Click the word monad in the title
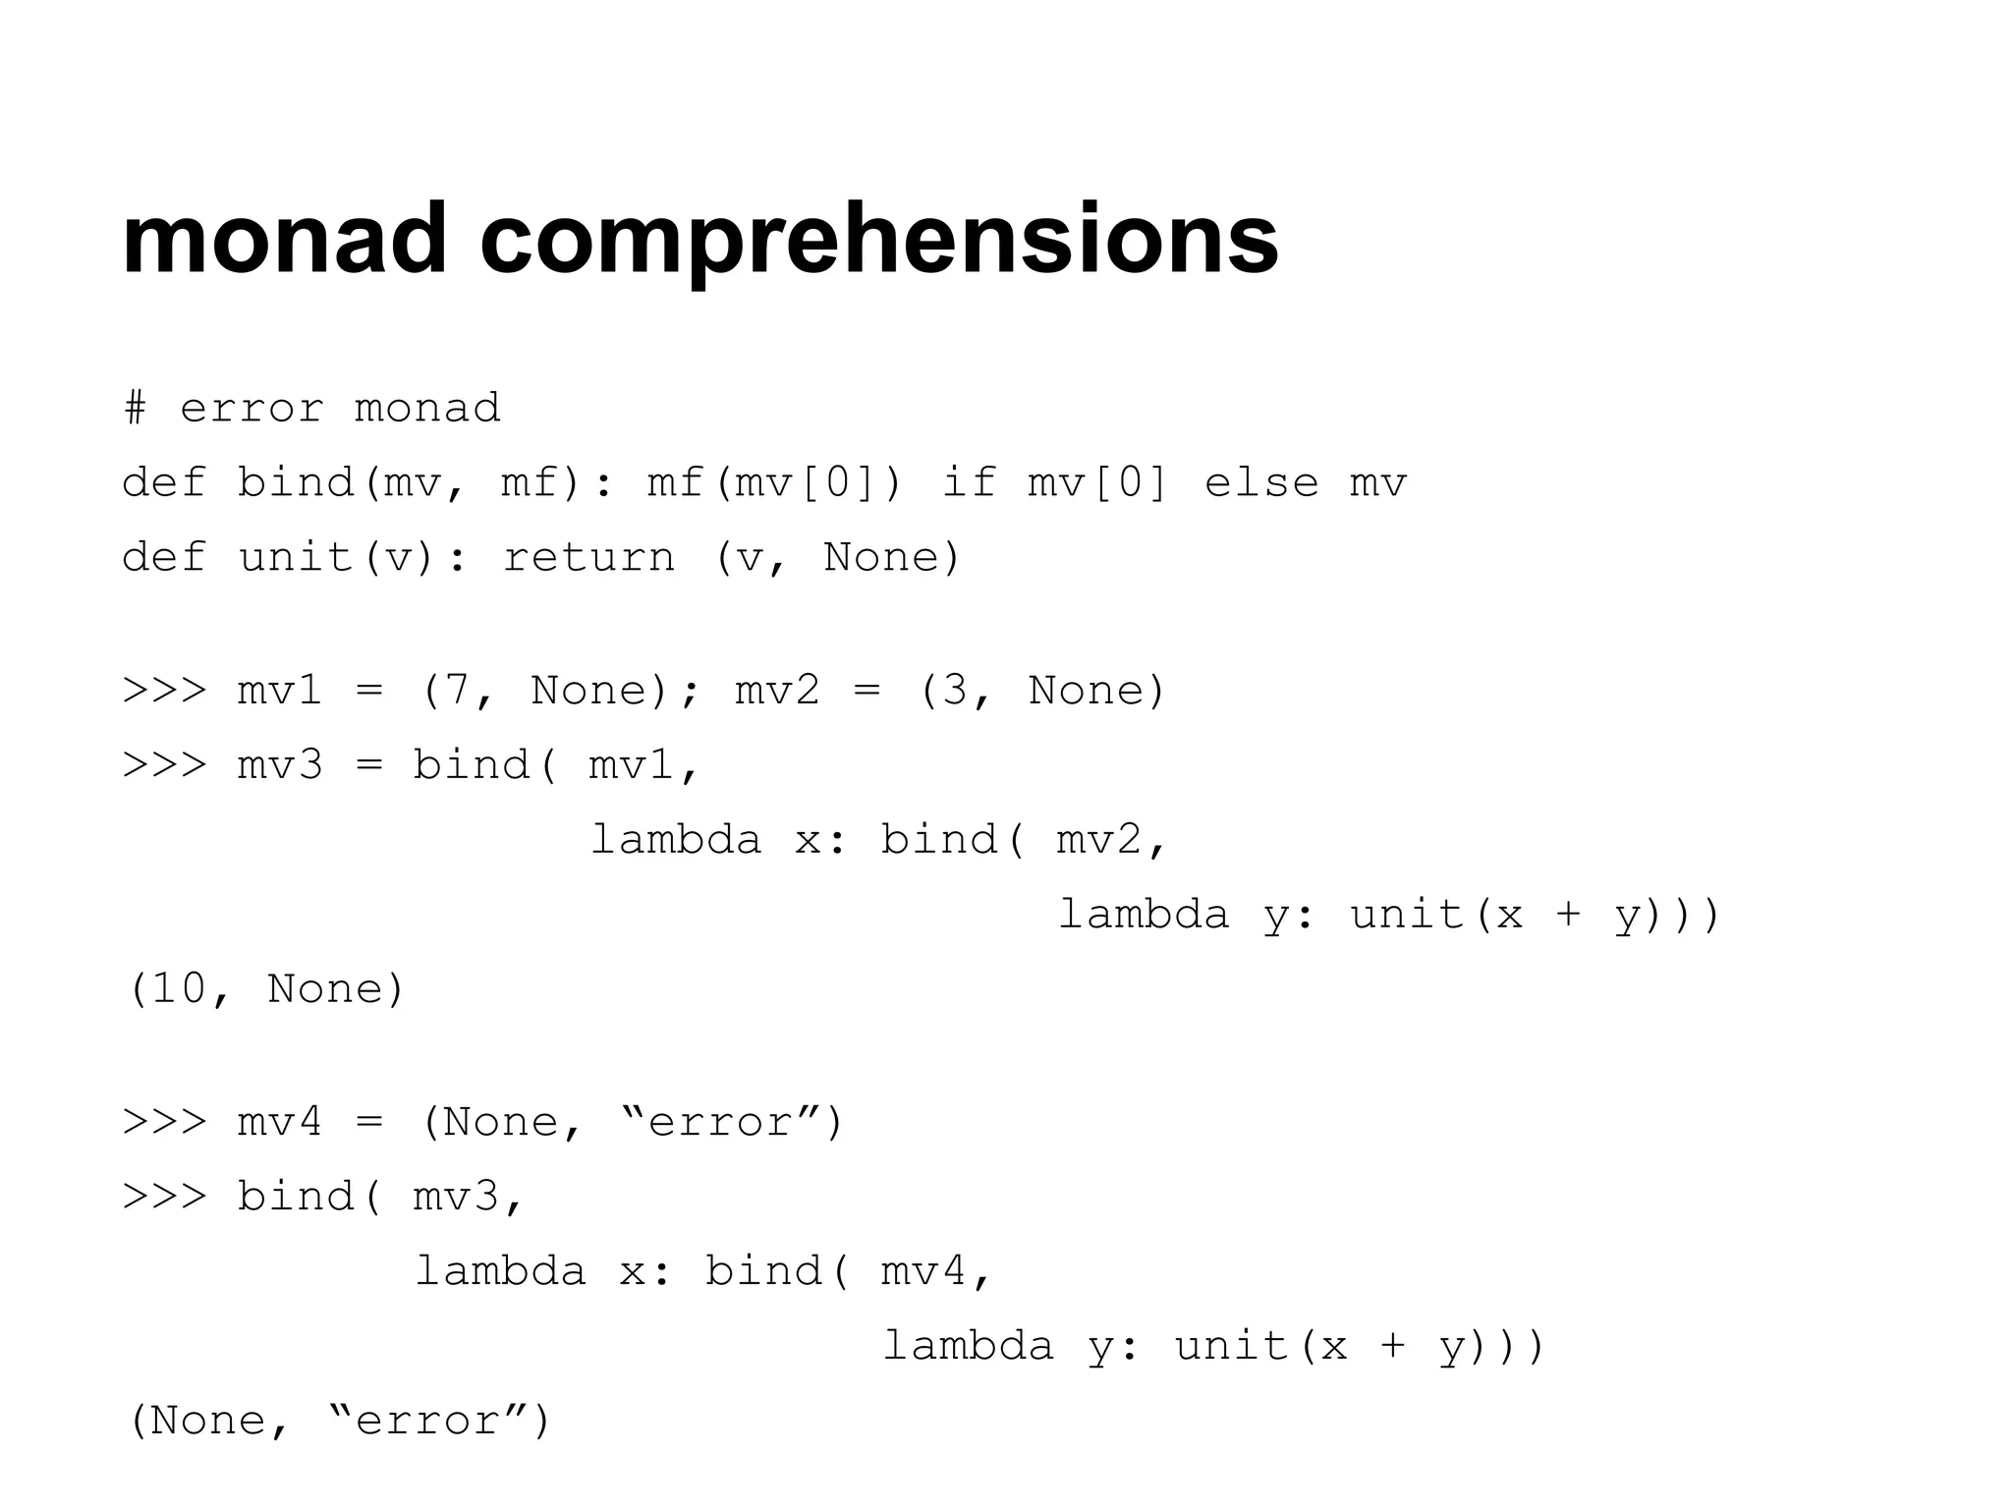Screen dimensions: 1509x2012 click(x=285, y=239)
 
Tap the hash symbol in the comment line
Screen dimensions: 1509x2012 click(x=136, y=408)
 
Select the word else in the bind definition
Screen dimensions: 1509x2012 click(x=1261, y=482)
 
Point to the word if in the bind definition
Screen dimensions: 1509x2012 click(x=969, y=482)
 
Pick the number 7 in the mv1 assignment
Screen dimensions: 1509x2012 click(x=457, y=691)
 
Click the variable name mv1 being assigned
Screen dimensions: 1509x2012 click(x=280, y=691)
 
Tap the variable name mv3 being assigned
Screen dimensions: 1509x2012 click(x=280, y=765)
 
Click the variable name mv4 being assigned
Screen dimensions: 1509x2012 click(x=280, y=1122)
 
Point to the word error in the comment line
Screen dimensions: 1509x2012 click(x=251, y=408)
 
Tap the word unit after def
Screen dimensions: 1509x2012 click(x=295, y=557)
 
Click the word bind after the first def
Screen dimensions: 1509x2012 click(x=295, y=482)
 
